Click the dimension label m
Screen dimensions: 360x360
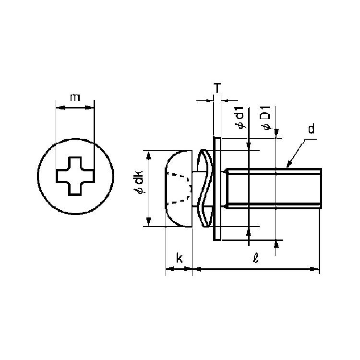[75, 97]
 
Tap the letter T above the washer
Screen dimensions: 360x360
[217, 88]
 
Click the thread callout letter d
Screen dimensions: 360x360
[312, 129]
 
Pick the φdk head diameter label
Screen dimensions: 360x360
[139, 182]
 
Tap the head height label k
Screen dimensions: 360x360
[180, 258]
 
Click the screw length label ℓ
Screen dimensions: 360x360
[255, 257]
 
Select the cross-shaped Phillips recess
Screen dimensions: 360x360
[75, 176]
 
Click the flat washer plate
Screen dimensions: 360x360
[217, 189]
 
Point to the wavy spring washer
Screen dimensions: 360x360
[206, 188]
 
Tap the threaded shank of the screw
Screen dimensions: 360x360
[273, 189]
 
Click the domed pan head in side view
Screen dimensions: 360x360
[179, 189]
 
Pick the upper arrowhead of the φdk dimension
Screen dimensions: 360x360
[148, 155]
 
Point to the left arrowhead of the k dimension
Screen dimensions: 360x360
[170, 269]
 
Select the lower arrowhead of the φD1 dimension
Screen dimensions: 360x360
[276, 244]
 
